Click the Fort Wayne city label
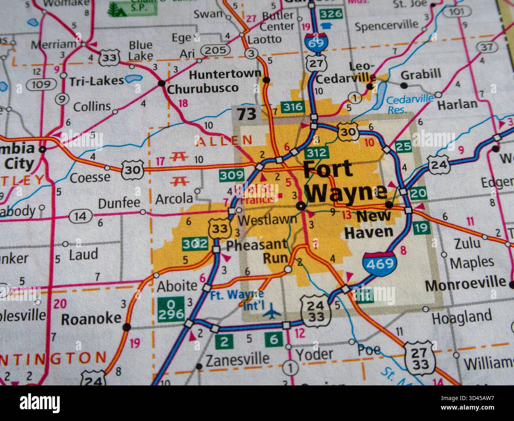pos(344,181)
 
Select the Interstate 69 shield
pos(316,41)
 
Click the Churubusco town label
pos(203,88)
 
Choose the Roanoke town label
pos(91,318)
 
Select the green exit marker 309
pos(232,176)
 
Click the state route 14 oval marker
pos(80,216)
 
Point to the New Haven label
pos(369,224)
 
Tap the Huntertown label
pos(225,74)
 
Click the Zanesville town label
pos(238,359)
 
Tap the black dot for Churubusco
pos(161,83)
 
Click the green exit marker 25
pos(403,147)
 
